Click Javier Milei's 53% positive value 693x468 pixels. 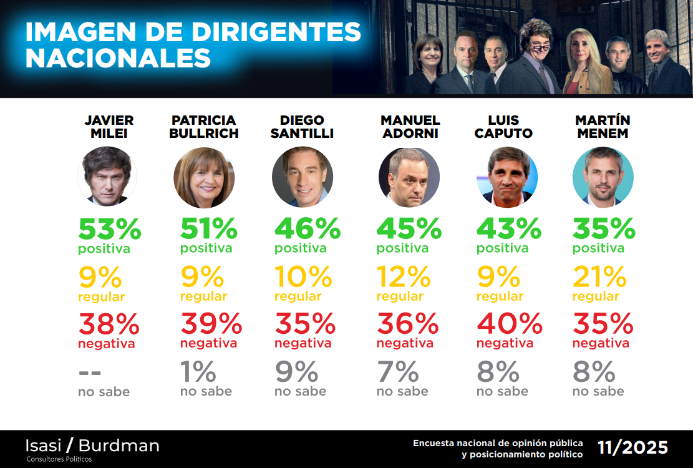coord(110,229)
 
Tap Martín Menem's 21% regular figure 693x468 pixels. coord(599,276)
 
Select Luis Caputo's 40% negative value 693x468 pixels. coord(509,323)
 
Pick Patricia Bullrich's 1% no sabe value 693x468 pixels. coord(198,373)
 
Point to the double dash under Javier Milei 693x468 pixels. coord(90,373)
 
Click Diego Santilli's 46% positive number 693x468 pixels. coord(308,229)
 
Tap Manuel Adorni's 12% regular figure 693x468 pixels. coord(404,276)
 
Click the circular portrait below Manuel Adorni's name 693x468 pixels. coord(409,177)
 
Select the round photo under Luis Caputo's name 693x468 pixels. coord(507,177)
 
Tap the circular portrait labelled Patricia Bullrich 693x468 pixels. coord(204,177)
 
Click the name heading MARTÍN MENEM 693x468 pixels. coord(603,127)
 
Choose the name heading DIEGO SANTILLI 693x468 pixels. coord(302,127)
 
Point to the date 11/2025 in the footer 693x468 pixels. coord(632,447)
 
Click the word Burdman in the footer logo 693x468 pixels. coord(119,446)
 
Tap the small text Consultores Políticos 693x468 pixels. coord(59,459)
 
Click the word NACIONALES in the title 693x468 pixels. coord(118,58)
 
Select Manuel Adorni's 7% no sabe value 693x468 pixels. coord(398,373)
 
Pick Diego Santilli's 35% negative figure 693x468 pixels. coord(305,323)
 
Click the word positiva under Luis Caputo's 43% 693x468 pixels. coord(502,248)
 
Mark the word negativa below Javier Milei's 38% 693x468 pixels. coord(106,343)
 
